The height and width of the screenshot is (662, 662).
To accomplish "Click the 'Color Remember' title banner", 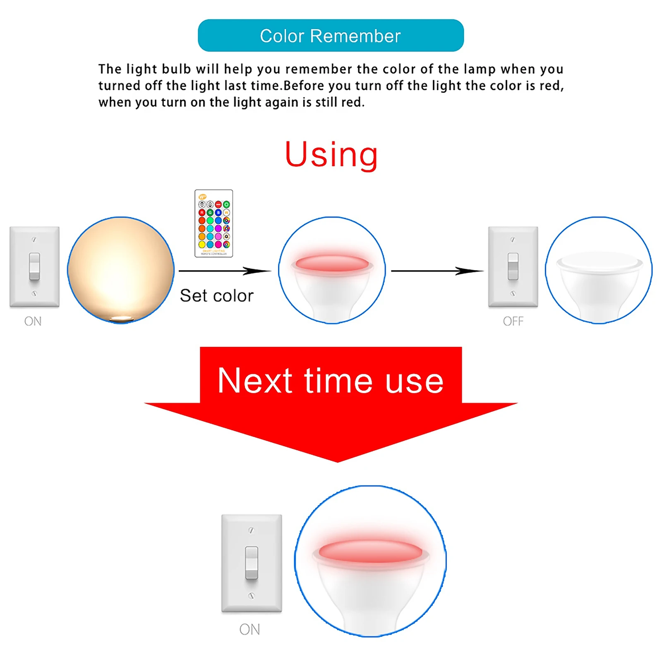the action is point(331,36).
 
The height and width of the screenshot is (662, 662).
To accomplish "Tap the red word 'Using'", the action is point(331,154).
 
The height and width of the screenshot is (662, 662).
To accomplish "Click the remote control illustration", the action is point(213,223).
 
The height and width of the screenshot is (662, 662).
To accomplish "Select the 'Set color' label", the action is point(216,296).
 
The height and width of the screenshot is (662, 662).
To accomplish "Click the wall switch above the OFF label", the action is point(513,266).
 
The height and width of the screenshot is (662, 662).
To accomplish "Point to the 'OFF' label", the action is point(513,321).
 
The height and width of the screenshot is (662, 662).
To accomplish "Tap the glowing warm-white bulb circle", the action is point(120,270).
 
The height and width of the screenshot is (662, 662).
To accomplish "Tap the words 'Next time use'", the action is point(331,381).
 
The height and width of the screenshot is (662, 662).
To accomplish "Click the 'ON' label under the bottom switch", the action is point(249,629).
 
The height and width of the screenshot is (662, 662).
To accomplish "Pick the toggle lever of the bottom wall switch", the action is point(252,563).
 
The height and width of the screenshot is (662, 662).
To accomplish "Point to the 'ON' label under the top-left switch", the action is point(33,321).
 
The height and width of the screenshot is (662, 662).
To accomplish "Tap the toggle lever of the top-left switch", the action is point(34,266).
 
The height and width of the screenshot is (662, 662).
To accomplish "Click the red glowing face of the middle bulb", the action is point(332,263).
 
